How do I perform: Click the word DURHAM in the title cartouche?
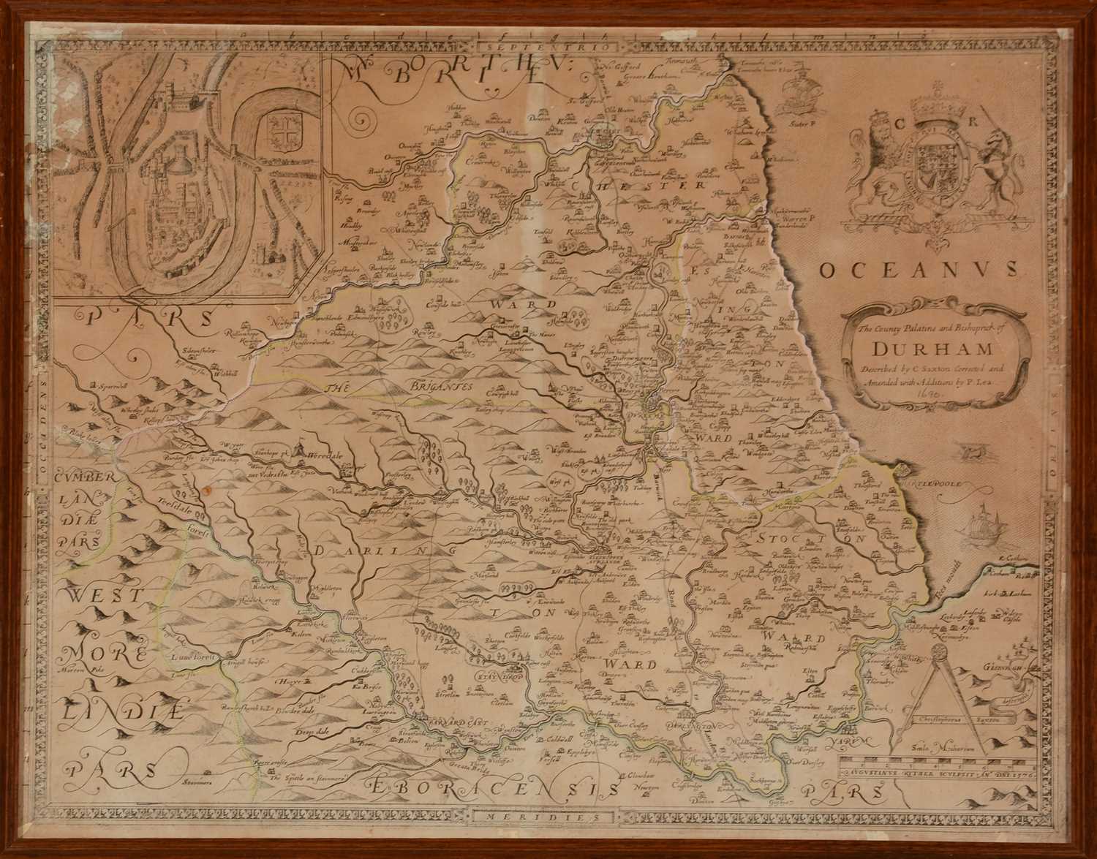pyautogui.click(x=930, y=348)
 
